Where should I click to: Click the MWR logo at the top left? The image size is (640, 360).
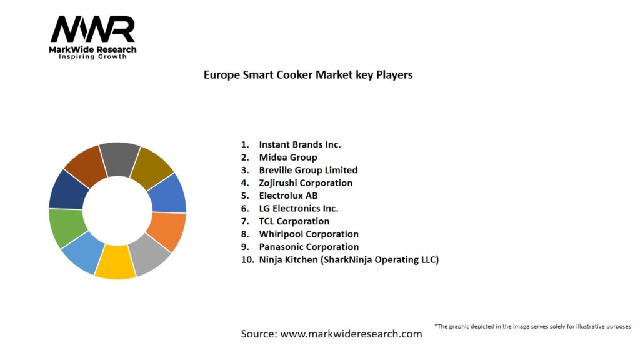(x=92, y=31)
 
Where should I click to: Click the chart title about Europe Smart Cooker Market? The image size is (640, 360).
(x=308, y=74)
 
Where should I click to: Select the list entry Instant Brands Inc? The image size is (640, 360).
(x=299, y=144)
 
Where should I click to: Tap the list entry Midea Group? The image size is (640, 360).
(x=287, y=157)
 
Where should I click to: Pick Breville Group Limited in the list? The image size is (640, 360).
(x=308, y=170)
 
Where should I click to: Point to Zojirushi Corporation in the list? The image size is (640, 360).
(x=306, y=182)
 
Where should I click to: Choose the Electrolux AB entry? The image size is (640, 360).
(x=288, y=196)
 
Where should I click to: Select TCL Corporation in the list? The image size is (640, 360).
(x=294, y=221)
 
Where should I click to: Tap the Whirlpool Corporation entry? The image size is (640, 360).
(x=309, y=234)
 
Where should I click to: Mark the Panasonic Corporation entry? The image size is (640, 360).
(x=309, y=247)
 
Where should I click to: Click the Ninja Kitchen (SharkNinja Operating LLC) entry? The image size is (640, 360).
(x=349, y=259)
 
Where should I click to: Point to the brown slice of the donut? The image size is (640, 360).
(x=85, y=164)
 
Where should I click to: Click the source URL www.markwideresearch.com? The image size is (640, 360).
(x=351, y=334)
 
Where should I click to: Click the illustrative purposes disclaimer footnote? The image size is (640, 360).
(x=532, y=326)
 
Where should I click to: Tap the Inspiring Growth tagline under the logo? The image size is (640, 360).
(x=92, y=57)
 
